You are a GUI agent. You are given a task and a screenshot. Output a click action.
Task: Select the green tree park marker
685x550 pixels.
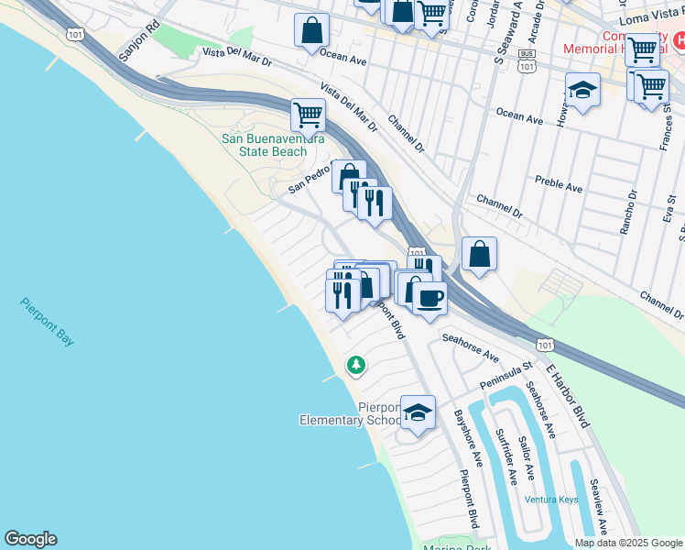click(355, 365)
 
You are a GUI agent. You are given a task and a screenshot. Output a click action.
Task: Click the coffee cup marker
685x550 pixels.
click(429, 297)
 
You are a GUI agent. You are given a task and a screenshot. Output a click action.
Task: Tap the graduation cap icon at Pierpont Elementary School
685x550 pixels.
click(418, 412)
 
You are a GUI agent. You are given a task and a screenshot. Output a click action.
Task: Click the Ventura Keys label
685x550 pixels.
click(551, 500)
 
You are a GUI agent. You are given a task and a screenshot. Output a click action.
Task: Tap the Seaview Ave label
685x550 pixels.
click(597, 507)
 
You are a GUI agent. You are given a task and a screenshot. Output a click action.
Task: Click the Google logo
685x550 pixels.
click(30, 539)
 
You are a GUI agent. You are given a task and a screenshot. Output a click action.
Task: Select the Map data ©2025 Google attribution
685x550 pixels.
click(628, 543)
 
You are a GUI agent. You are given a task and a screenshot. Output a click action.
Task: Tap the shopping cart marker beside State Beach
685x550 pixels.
click(309, 115)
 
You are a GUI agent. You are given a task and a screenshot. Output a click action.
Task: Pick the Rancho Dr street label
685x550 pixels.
click(632, 213)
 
